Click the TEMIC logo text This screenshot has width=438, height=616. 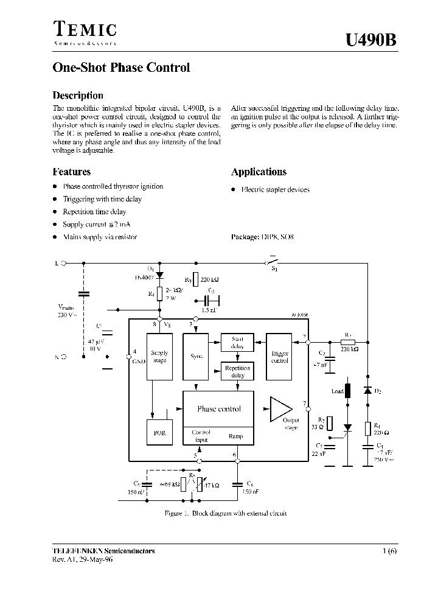coord(85,29)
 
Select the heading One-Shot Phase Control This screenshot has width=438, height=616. coord(122,68)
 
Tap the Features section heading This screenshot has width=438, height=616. coord(72,172)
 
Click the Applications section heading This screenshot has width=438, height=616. coord(259,172)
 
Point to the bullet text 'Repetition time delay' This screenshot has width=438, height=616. coord(94,212)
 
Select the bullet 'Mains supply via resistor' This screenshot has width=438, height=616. coord(100,237)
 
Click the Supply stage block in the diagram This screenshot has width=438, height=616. coord(159,356)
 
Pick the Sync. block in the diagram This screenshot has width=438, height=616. coord(196,356)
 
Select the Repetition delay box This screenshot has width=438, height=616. coord(237,371)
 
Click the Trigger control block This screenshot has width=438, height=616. coord(279,356)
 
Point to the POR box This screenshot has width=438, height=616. coord(159,433)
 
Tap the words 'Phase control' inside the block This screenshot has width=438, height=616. coord(218,409)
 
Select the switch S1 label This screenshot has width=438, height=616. coord(274,268)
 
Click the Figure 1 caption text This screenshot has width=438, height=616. coord(226,513)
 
